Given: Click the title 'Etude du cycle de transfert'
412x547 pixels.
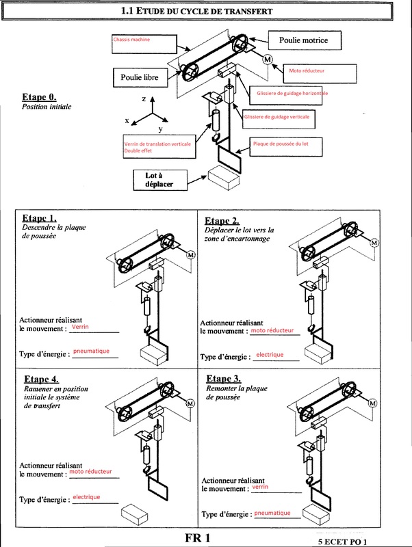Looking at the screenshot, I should pyautogui.click(x=196, y=11).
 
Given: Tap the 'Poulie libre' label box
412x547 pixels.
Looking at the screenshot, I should pyautogui.click(x=140, y=78).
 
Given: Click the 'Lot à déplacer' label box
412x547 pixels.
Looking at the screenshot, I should pyautogui.click(x=159, y=180).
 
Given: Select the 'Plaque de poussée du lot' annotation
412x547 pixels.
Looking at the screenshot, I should pyautogui.click(x=281, y=144).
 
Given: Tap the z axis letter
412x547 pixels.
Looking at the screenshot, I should pyautogui.click(x=144, y=100).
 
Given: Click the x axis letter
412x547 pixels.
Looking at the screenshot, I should pyautogui.click(x=127, y=120).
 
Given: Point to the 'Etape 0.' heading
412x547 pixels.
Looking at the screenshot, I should pyautogui.click(x=39, y=97).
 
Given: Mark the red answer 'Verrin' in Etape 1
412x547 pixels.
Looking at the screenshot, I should pyautogui.click(x=80, y=328).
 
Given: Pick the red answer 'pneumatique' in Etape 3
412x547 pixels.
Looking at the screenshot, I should pyautogui.click(x=272, y=513).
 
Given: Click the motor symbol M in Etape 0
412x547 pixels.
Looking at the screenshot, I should pyautogui.click(x=268, y=59).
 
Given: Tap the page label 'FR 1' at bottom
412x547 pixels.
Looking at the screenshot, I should pyautogui.click(x=197, y=537).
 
